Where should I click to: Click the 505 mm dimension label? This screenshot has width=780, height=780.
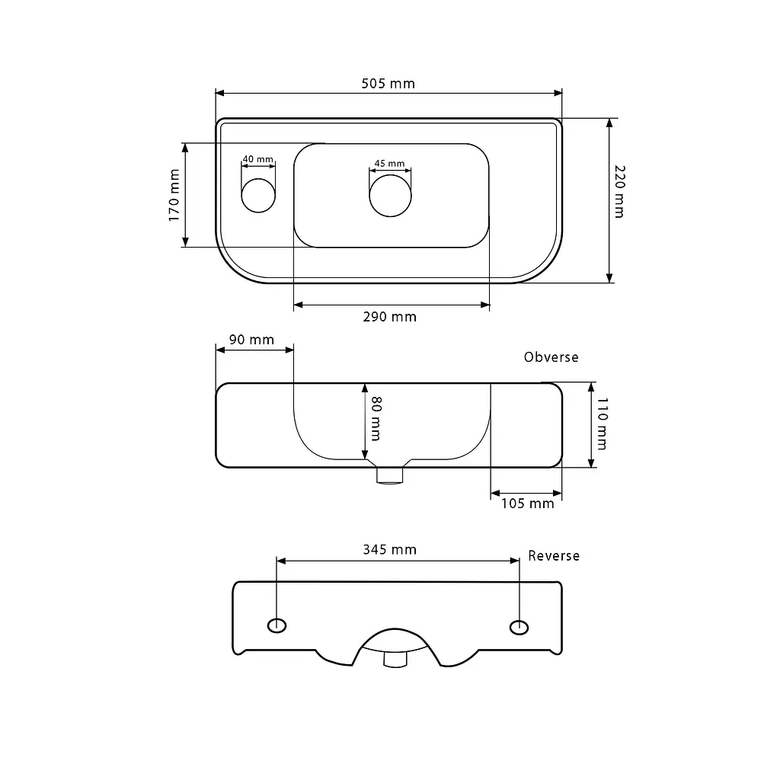click(x=388, y=84)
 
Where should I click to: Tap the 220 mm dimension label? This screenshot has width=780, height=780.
click(x=619, y=191)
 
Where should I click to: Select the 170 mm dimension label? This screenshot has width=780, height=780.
click(x=174, y=195)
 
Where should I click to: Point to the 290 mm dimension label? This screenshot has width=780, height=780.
click(x=389, y=317)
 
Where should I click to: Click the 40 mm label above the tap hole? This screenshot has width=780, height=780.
click(x=257, y=159)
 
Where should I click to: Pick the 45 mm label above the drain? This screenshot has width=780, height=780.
click(x=389, y=163)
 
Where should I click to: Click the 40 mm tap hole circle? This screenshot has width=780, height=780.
click(x=258, y=196)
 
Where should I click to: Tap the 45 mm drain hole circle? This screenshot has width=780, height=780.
click(x=391, y=196)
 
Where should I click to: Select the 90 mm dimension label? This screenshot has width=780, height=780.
click(x=251, y=340)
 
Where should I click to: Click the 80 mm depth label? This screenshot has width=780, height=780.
click(x=376, y=418)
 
